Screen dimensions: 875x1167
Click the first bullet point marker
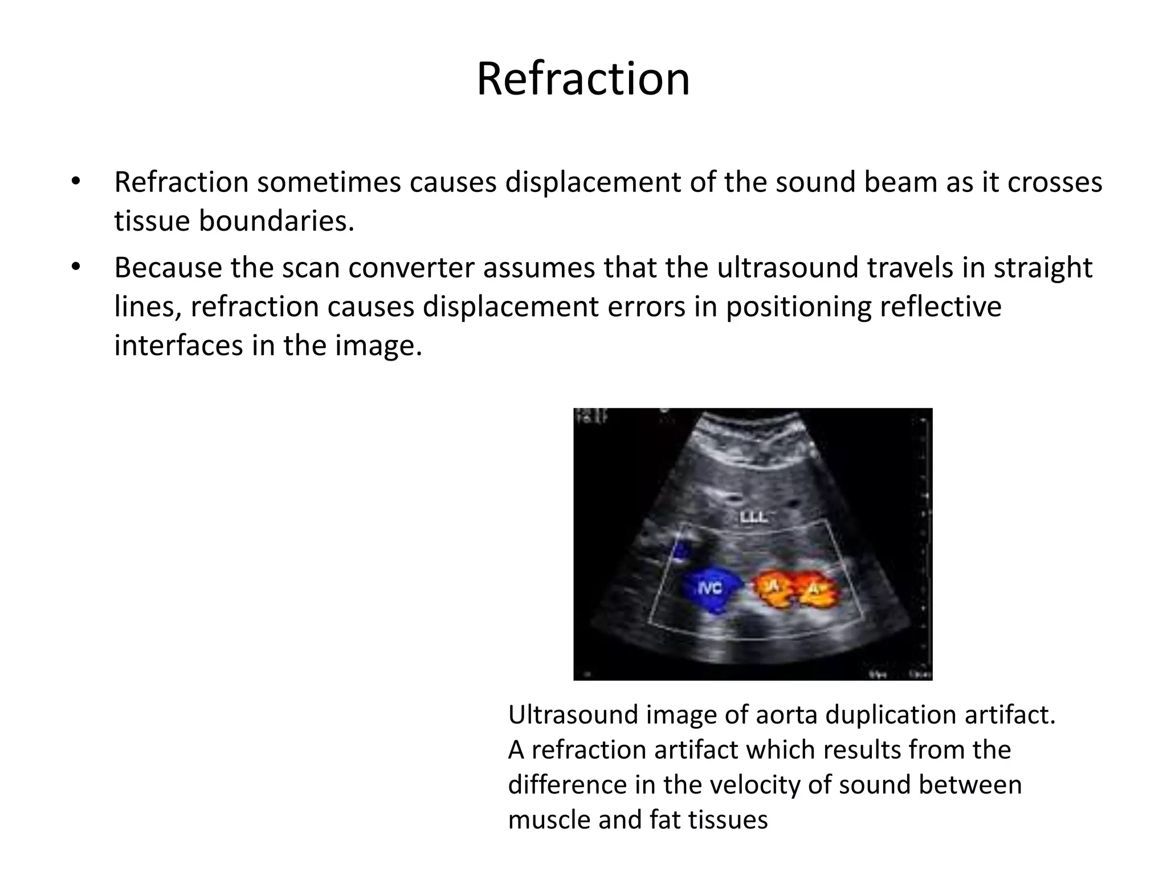point(76,182)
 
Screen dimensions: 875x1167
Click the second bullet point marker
point(76,267)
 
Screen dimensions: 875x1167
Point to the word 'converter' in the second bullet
point(411,268)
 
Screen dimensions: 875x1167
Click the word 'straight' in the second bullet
point(1043,268)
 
